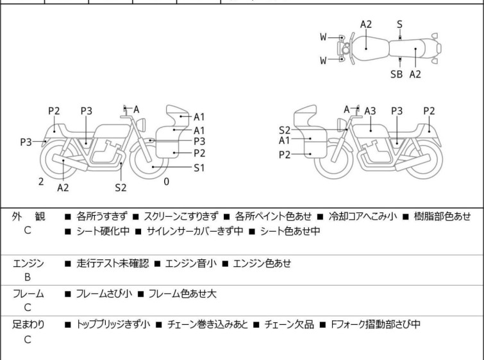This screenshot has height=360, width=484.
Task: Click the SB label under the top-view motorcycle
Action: (x=397, y=74)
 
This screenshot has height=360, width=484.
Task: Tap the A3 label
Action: (x=370, y=110)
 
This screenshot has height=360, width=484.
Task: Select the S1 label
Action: (x=199, y=167)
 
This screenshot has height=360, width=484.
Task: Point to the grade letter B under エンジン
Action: (x=28, y=277)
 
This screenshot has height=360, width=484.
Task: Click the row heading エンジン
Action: (x=28, y=263)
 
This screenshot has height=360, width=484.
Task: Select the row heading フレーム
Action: (x=28, y=294)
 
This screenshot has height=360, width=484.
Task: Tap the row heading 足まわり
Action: (x=28, y=325)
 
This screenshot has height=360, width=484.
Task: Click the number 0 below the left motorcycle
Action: (x=167, y=182)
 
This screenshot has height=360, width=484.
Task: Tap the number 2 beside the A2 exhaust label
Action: (x=41, y=182)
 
